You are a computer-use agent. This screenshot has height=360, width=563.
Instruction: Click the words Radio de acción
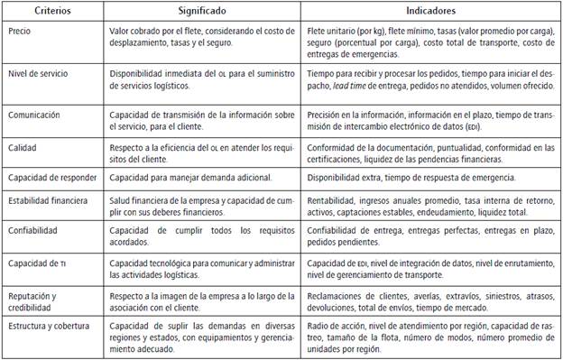333,328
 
